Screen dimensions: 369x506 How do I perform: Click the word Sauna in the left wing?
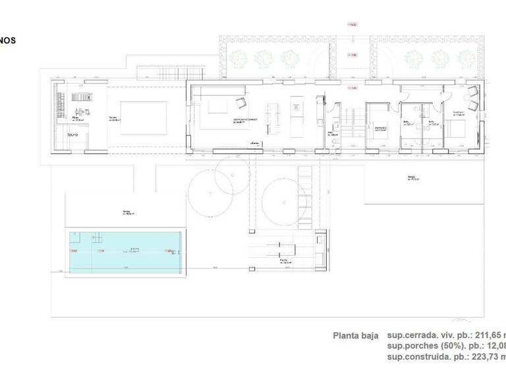(x=72, y=135)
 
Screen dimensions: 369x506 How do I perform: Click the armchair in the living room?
(x=240, y=103)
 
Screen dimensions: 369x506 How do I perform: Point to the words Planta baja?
(x=356, y=335)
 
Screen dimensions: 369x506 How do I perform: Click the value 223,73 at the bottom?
(x=488, y=357)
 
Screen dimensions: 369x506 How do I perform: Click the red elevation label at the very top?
(x=351, y=24)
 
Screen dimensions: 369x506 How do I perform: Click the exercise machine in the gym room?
(x=82, y=98)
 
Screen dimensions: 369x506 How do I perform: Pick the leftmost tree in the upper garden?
(x=238, y=59)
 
